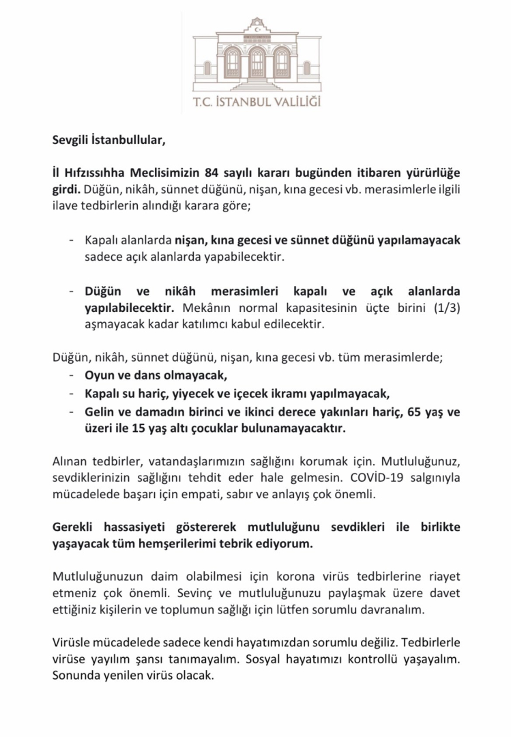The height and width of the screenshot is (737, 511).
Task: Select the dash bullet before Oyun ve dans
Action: [x=72, y=376]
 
